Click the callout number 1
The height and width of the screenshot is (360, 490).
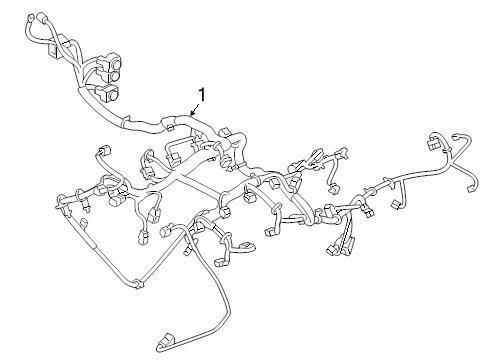[202, 94]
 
